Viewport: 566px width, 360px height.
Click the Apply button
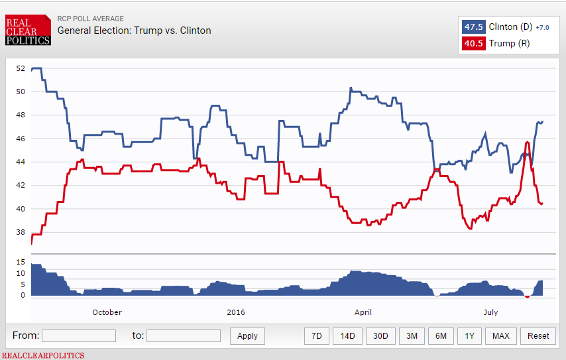pos(247,335)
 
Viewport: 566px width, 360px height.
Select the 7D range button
pos(317,335)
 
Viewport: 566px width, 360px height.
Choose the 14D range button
pos(347,335)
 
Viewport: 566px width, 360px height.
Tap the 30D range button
pos(380,335)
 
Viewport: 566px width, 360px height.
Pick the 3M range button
pos(412,335)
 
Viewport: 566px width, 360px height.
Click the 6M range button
pos(441,335)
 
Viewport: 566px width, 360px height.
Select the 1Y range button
pos(469,335)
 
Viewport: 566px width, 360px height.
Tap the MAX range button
pos(501,335)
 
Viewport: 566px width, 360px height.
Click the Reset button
pos(538,335)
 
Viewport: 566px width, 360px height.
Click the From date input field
pos(78,335)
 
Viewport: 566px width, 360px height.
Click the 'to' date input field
pos(183,335)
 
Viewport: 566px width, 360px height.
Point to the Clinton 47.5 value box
pos(473,27)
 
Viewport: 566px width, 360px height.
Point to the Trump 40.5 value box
pos(473,44)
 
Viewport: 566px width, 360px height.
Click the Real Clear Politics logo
pos(28,30)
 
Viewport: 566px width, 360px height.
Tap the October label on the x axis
pos(107,312)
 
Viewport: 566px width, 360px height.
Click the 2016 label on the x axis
pos(235,312)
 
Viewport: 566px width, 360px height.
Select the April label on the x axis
pos(363,312)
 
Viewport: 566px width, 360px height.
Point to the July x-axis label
pos(490,312)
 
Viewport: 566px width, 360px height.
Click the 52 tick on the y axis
pos(20,68)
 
